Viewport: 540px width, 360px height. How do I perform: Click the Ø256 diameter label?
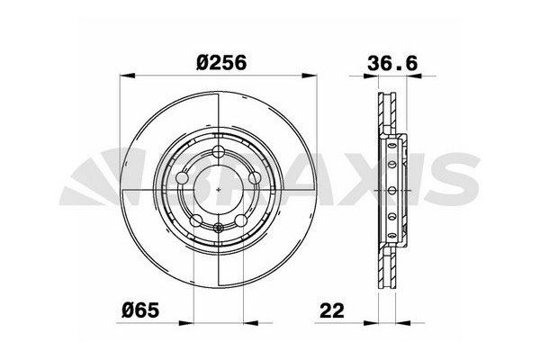(x=220, y=63)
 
